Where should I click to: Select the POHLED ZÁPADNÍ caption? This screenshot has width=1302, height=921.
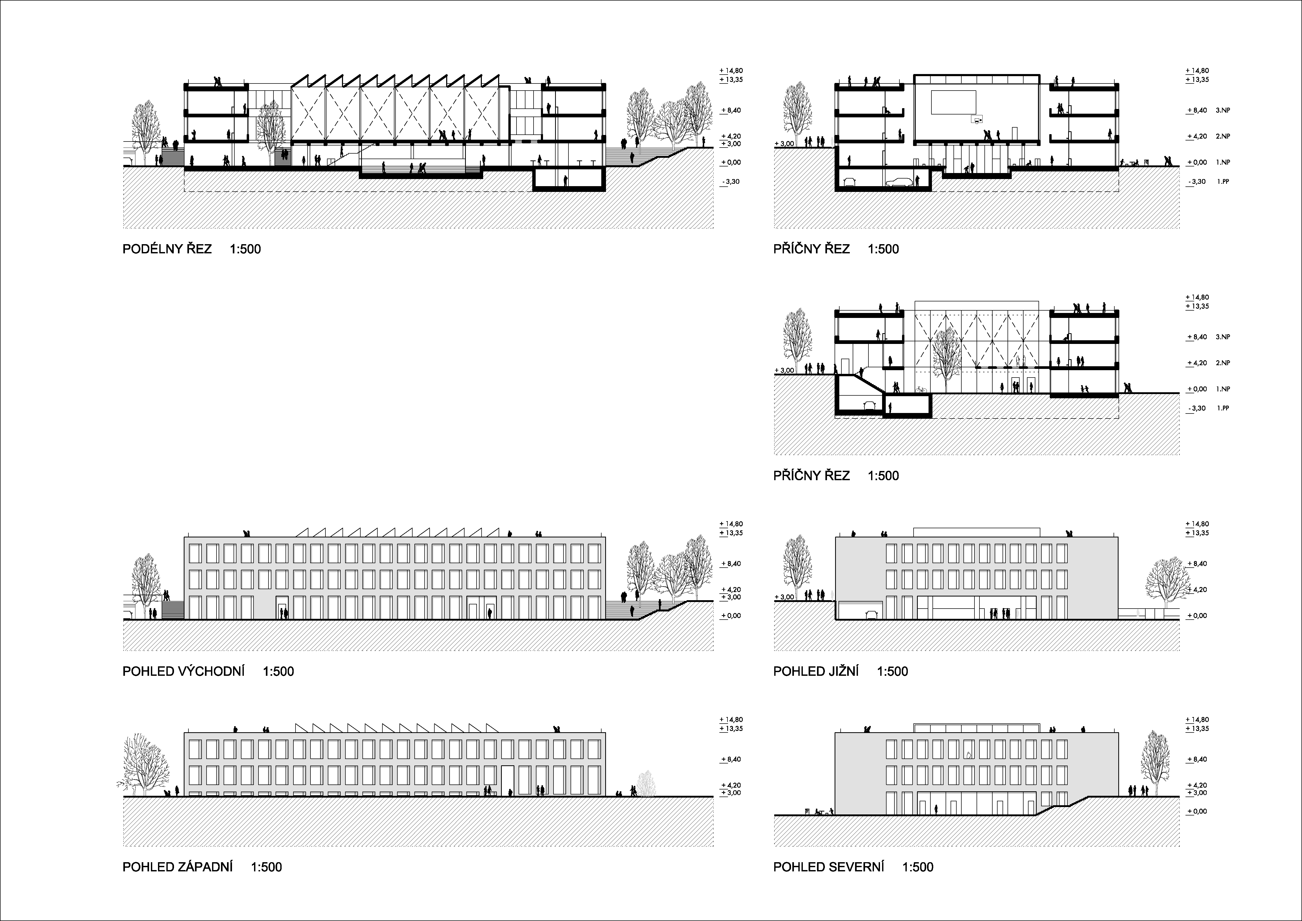pos(177,867)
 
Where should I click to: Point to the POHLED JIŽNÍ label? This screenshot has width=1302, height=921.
pos(815,672)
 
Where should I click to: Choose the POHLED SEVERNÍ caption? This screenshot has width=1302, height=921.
pos(829,867)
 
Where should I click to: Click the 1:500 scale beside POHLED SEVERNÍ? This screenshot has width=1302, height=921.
pos(918,867)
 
